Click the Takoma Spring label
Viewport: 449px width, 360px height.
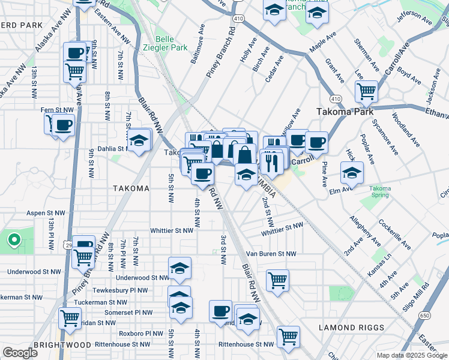tap(379, 193)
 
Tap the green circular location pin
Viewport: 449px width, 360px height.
tap(13, 241)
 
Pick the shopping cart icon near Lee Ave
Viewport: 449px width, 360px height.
tap(366, 91)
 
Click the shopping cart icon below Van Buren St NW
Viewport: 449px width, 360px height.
tap(277, 280)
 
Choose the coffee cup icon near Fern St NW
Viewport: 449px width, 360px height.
tap(63, 125)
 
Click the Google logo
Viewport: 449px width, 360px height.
tap(20, 353)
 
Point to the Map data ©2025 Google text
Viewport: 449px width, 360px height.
tap(411, 355)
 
